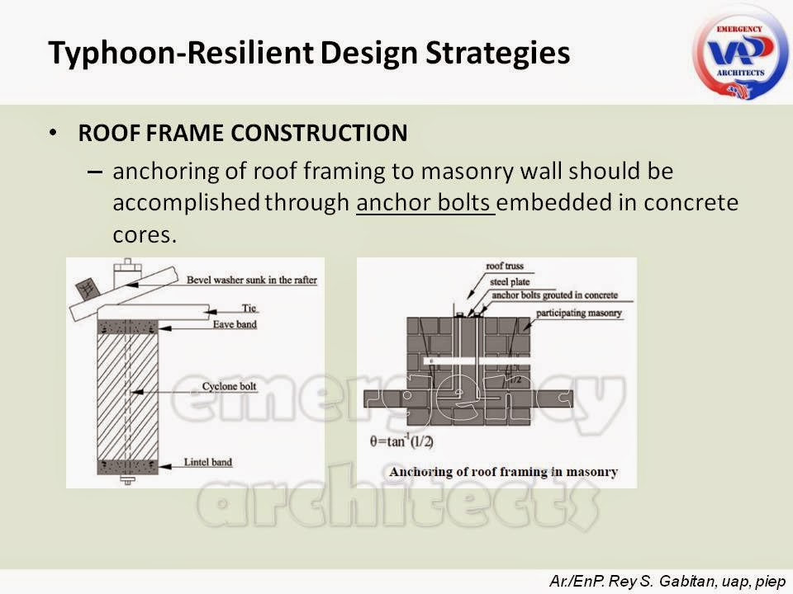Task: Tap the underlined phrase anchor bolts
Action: [x=425, y=203]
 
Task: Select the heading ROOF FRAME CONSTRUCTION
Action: [x=242, y=133]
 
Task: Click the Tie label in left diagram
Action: [x=250, y=308]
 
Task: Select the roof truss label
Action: [x=505, y=267]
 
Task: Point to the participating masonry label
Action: [x=575, y=313]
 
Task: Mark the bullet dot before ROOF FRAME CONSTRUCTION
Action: [x=54, y=133]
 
